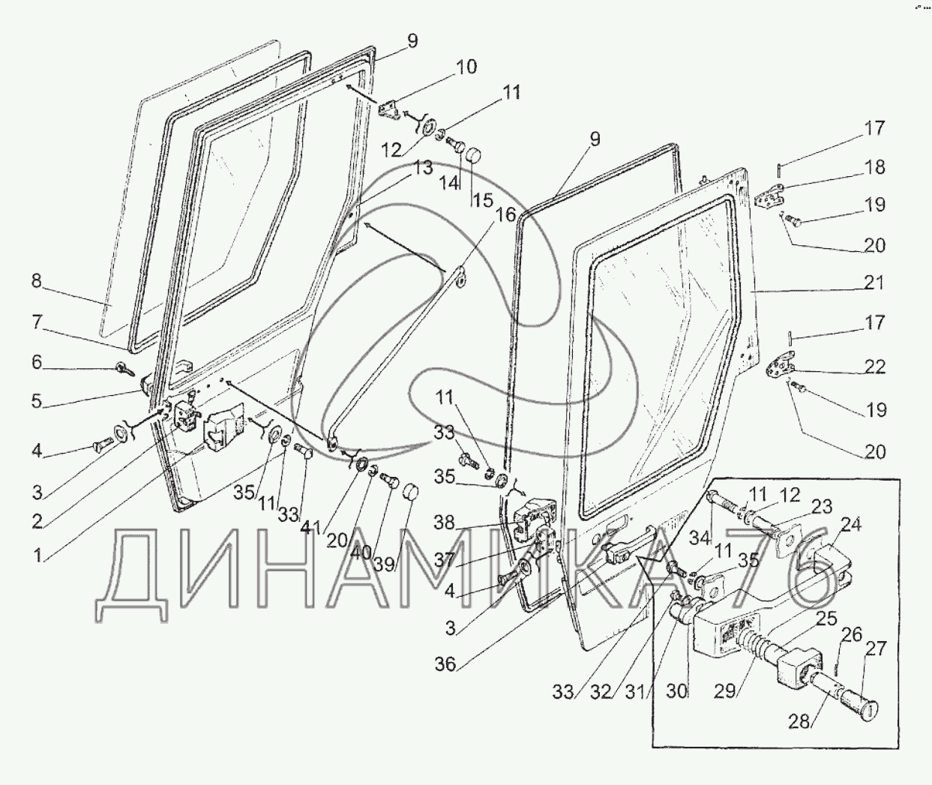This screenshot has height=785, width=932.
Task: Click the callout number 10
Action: [466, 67]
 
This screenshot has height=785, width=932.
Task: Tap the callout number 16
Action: [505, 215]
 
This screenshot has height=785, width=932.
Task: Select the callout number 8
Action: [36, 282]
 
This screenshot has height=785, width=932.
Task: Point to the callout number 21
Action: [874, 283]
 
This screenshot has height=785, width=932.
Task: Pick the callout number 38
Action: [444, 523]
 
